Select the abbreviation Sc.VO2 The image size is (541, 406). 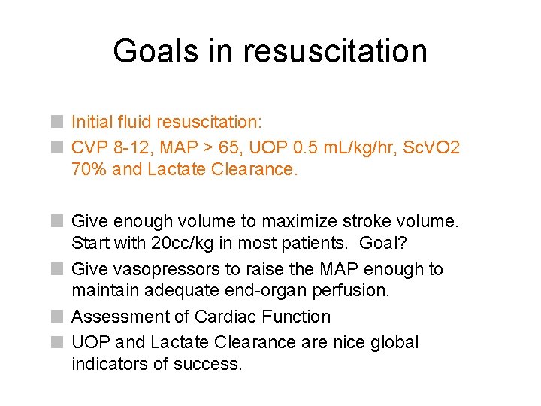tap(432, 147)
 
